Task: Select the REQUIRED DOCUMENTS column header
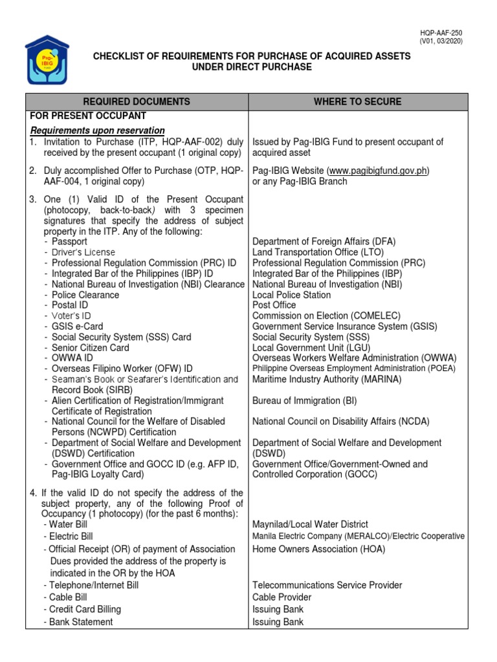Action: (x=137, y=101)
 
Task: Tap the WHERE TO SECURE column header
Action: (x=357, y=101)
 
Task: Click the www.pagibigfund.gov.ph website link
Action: (x=379, y=171)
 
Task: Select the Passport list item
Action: (x=74, y=242)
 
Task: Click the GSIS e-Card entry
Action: (x=77, y=326)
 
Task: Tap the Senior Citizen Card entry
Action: (x=91, y=348)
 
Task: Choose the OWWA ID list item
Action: (x=72, y=358)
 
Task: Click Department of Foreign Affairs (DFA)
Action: (x=324, y=242)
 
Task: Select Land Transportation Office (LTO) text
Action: (x=318, y=252)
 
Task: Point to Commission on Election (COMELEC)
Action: (x=326, y=315)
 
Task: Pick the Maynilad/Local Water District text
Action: (x=310, y=524)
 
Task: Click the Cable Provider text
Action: (x=282, y=597)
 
